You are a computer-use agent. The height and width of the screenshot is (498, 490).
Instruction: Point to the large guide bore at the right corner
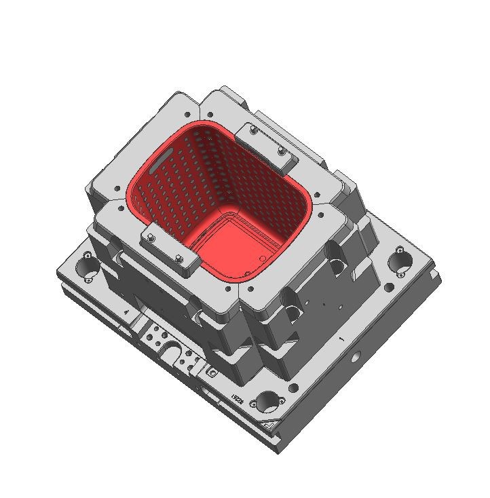pos(400,261)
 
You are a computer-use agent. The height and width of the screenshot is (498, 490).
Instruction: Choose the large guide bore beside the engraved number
pos(267,402)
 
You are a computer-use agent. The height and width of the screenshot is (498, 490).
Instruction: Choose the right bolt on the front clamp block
pos(178,258)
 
